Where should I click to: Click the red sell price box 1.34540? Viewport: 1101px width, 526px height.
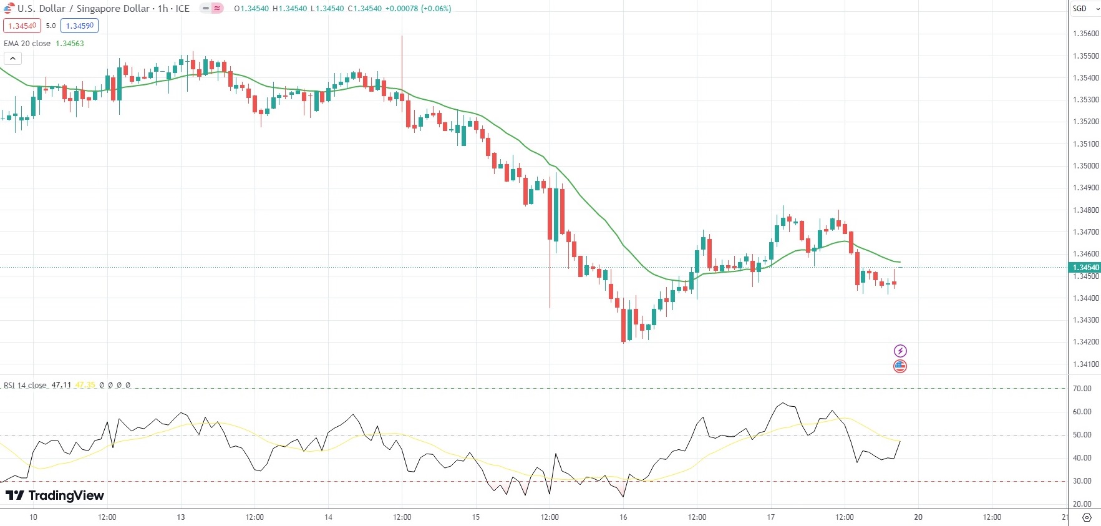pyautogui.click(x=22, y=26)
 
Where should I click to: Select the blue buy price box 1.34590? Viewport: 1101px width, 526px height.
pyautogui.click(x=79, y=26)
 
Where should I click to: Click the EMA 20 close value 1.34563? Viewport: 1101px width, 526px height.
pyautogui.click(x=70, y=44)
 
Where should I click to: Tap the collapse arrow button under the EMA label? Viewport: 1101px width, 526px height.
pyautogui.click(x=12, y=58)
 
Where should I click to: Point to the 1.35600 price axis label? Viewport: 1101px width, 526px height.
pyautogui.click(x=1085, y=34)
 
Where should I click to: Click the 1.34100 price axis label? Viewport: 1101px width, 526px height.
pyautogui.click(x=1085, y=364)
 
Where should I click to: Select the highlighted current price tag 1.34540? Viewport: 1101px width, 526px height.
pyautogui.click(x=1085, y=268)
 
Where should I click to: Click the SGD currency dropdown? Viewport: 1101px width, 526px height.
pyautogui.click(x=1085, y=9)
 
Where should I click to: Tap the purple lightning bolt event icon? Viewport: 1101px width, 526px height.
pyautogui.click(x=900, y=351)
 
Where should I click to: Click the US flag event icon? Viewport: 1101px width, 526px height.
pyautogui.click(x=900, y=366)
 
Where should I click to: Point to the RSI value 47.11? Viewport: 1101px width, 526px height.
pyautogui.click(x=61, y=385)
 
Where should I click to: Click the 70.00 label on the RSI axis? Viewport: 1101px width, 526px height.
pyautogui.click(x=1082, y=389)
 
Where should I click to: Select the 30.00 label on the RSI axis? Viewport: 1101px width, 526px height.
pyautogui.click(x=1082, y=481)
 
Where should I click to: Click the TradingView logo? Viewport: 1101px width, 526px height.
pyautogui.click(x=55, y=495)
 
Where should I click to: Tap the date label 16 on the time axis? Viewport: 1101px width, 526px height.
pyautogui.click(x=623, y=517)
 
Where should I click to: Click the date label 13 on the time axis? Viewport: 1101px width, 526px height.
pyautogui.click(x=181, y=517)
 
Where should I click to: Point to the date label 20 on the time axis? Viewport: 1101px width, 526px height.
pyautogui.click(x=918, y=517)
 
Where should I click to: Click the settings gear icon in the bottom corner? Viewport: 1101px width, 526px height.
pyautogui.click(x=1087, y=517)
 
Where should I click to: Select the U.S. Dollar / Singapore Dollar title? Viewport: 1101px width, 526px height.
pyautogui.click(x=84, y=9)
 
